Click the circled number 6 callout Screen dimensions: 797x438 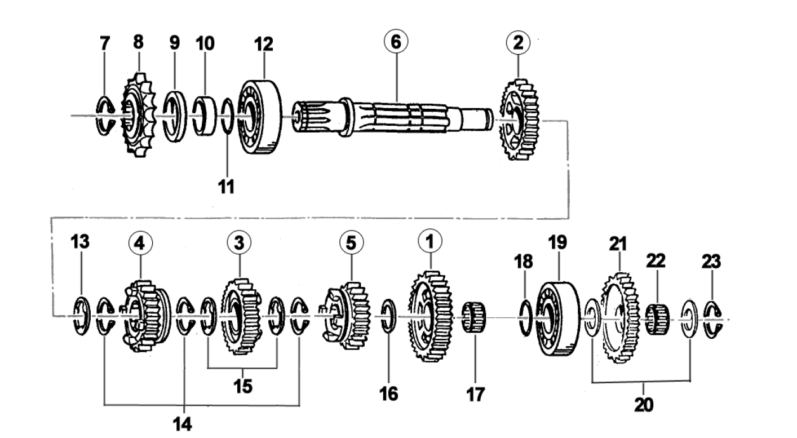point(396,41)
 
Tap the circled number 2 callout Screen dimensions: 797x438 point(518,42)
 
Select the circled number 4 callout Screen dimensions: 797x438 point(140,244)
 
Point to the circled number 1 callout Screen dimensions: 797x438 point(430,241)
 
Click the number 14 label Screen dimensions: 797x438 point(183,424)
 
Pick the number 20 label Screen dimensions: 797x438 point(644,405)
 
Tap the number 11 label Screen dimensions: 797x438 point(227,187)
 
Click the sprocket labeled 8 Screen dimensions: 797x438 point(139,116)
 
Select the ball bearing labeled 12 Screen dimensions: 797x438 point(259,117)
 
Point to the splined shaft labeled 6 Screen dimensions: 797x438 point(391,117)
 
